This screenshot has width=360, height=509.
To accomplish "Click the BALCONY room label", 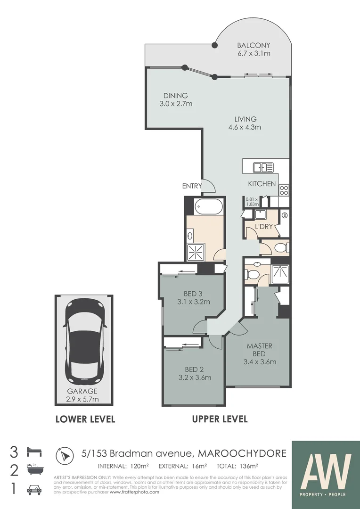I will tap(254, 49).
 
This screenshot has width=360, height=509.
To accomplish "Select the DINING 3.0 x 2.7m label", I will tap(175, 99).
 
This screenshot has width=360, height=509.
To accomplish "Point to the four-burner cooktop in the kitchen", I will tap(284, 189).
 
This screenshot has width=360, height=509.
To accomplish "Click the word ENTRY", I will tap(192, 186).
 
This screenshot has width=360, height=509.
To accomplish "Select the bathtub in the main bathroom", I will tap(208, 206).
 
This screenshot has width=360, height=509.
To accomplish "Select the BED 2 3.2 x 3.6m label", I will tap(194, 373).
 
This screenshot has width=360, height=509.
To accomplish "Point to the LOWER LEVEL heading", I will tap(85, 419).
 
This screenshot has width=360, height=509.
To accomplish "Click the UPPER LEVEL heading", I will tap(220, 419).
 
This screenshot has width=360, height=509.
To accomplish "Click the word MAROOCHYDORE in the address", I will tap(242, 453).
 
